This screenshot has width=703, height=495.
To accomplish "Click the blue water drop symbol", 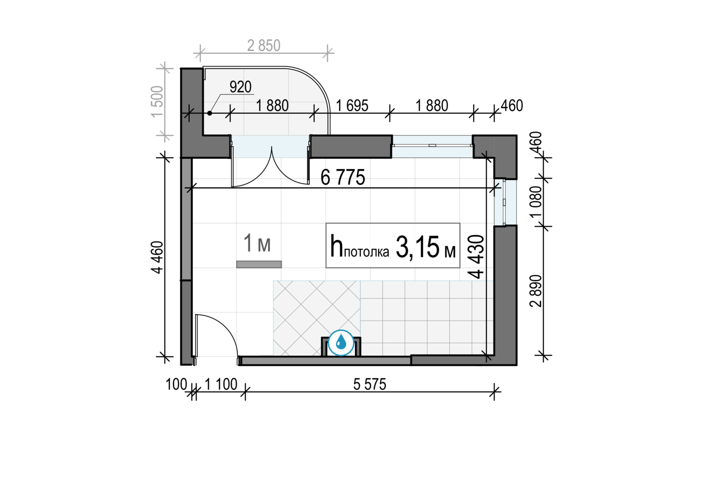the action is [x=341, y=343].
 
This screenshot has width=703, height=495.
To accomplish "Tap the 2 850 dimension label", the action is [x=263, y=46].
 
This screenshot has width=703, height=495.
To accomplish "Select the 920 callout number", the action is [x=241, y=87].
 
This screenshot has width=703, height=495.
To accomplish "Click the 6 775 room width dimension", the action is [x=343, y=177].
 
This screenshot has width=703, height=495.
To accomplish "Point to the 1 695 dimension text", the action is [x=352, y=106].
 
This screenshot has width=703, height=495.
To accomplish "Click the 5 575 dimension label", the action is [x=370, y=384].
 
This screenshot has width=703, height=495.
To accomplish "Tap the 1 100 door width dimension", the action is [x=221, y=384].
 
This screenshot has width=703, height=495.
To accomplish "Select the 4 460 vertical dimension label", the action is [x=157, y=257].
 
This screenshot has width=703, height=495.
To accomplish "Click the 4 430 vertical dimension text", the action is [x=477, y=257].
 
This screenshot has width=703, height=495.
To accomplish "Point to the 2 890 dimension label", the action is [x=536, y=291].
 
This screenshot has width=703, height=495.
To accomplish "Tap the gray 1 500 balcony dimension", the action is [x=157, y=102].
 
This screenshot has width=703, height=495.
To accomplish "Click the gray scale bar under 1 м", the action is [x=259, y=265].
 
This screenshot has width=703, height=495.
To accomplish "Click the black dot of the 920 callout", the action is [x=209, y=113].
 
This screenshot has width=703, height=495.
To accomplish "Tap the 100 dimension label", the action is [x=176, y=384].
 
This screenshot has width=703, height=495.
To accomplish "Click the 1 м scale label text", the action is [x=257, y=243].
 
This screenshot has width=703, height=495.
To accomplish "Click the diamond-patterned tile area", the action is [x=317, y=318].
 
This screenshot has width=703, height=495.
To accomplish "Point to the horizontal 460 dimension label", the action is [x=512, y=106].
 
